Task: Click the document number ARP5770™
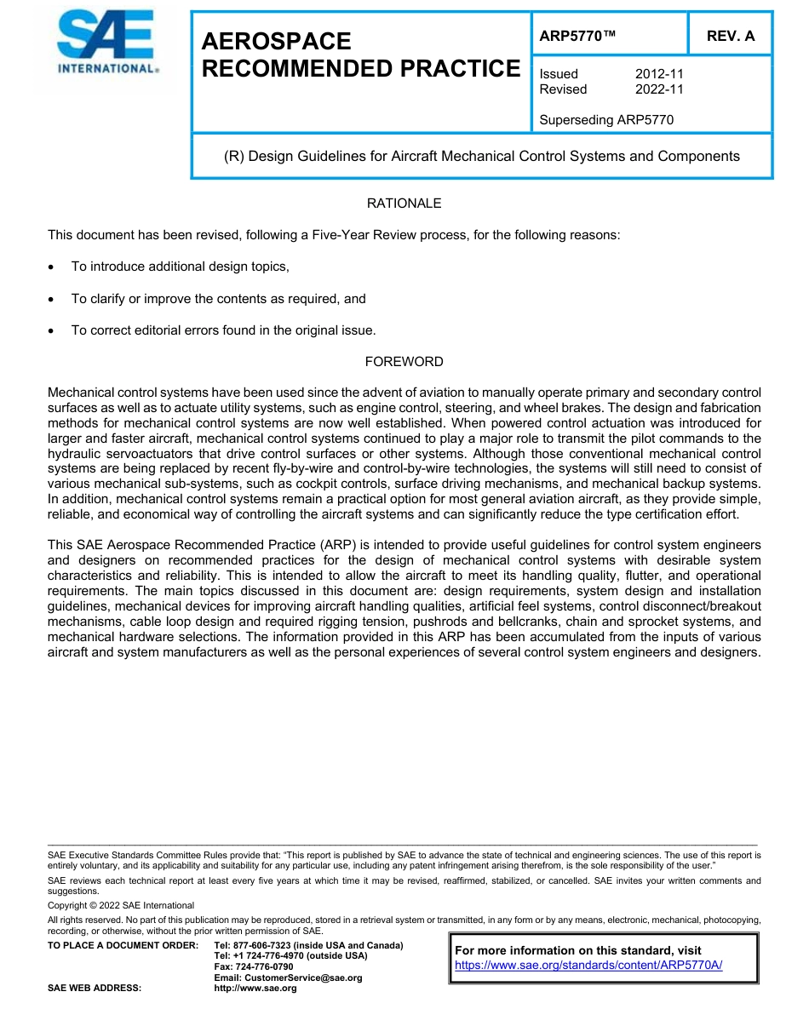[x=577, y=36]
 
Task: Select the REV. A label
[x=731, y=36]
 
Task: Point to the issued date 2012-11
[x=659, y=74]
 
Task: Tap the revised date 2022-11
[x=659, y=89]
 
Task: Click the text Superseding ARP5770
[x=606, y=120]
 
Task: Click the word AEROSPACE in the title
[x=277, y=41]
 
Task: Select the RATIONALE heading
[x=404, y=204]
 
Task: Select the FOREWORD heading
[x=404, y=362]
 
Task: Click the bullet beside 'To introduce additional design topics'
[x=53, y=267]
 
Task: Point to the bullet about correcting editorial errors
[x=53, y=331]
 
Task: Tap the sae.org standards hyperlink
[x=588, y=966]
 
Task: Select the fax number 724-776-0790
[x=267, y=967]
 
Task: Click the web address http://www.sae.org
[x=255, y=989]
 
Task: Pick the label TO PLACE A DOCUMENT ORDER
[x=123, y=946]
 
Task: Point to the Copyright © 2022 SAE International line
[x=121, y=905]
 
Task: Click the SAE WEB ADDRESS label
[x=95, y=989]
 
